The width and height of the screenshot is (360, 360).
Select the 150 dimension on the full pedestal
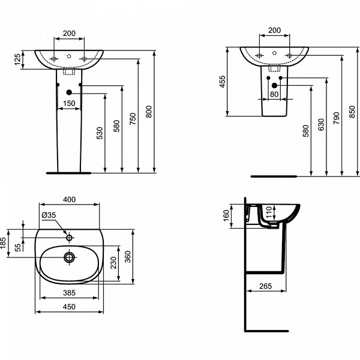click(x=69, y=103)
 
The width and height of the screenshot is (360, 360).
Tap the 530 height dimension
click(x=99, y=133)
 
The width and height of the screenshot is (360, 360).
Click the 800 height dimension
click(x=149, y=112)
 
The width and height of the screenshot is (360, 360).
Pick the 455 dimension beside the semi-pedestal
click(x=223, y=82)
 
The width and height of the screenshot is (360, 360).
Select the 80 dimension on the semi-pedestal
click(x=274, y=94)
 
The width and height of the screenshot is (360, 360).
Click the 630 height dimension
click(x=321, y=124)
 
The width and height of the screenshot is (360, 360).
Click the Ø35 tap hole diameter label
click(x=49, y=215)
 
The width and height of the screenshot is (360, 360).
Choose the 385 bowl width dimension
click(x=69, y=293)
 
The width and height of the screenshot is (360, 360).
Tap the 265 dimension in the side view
click(x=267, y=286)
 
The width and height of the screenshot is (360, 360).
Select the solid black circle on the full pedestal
click(x=69, y=92)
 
